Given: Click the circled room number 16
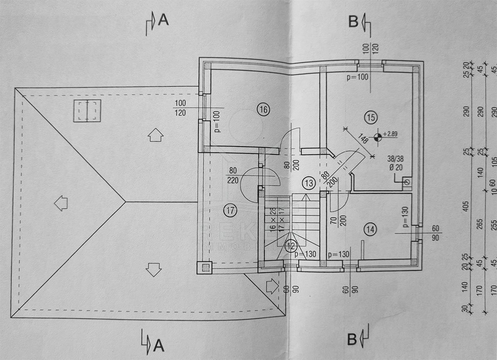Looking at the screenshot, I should coord(263,110).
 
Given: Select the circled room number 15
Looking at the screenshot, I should coord(371,118).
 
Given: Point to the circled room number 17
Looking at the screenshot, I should coord(230,211).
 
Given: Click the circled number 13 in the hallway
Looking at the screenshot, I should coord(308,183).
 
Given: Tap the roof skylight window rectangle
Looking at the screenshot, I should coord(87,111).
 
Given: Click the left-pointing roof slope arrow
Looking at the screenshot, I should coord(61,203).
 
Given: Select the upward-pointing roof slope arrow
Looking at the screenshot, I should coord(155,135).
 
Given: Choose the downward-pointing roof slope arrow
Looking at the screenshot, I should coord(154,269).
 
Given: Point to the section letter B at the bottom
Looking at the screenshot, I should coord(352,340).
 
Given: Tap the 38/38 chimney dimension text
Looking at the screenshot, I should coord(396,158).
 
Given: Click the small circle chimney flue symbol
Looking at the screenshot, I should coord(408,182).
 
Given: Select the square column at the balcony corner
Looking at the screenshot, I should coord(205,267).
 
